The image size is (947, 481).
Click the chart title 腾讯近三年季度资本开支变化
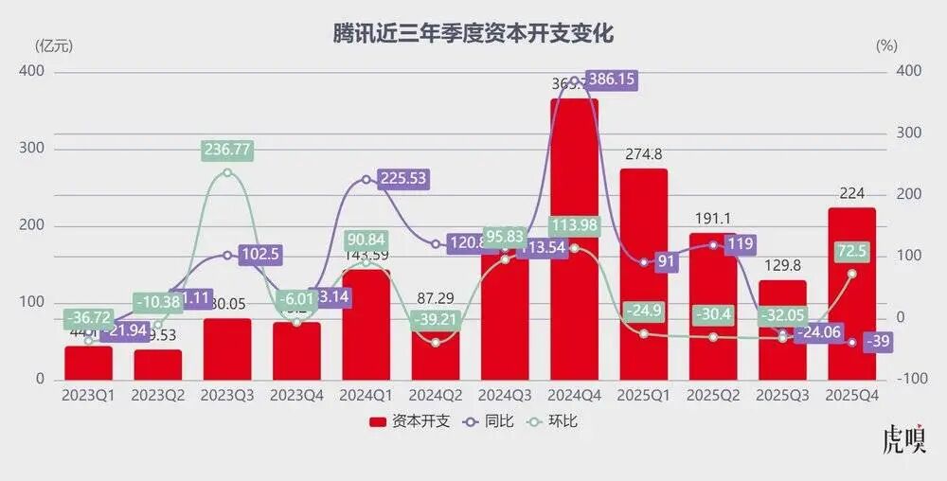[x=473, y=34]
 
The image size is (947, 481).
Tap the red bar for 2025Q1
[x=643, y=284]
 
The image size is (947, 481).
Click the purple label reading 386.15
[x=611, y=80]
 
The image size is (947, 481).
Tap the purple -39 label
[x=876, y=341]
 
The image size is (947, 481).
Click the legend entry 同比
[x=488, y=421]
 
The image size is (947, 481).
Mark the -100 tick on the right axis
[x=912, y=379]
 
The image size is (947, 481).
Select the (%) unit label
[x=886, y=45]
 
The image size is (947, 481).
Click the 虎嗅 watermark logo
[x=903, y=441]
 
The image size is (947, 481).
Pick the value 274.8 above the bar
[x=643, y=154]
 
